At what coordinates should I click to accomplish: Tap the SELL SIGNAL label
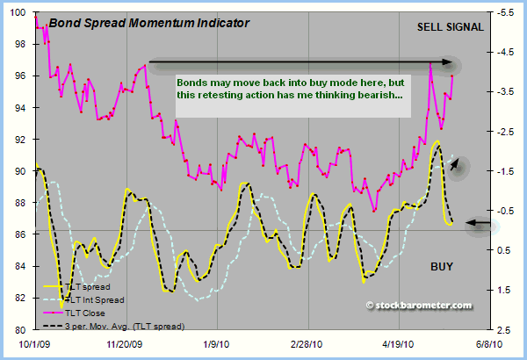450,27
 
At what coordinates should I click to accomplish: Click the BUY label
442,265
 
